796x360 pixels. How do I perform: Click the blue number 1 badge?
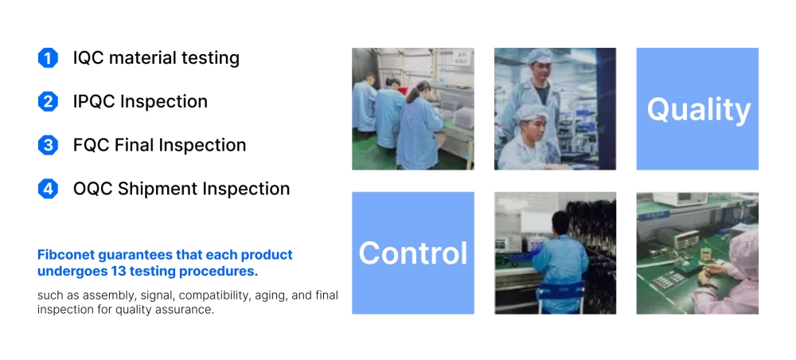click(48, 58)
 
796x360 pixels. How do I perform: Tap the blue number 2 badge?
click(48, 102)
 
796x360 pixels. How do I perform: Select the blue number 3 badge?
click(48, 145)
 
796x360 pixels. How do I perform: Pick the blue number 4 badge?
click(48, 189)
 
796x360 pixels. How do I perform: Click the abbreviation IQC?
click(88, 58)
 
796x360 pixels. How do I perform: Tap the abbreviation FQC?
click(91, 145)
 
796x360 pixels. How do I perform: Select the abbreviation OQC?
click(93, 189)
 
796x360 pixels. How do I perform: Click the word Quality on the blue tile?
click(699, 110)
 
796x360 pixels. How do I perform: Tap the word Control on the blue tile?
click(412, 252)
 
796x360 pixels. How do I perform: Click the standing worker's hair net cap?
click(539, 57)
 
